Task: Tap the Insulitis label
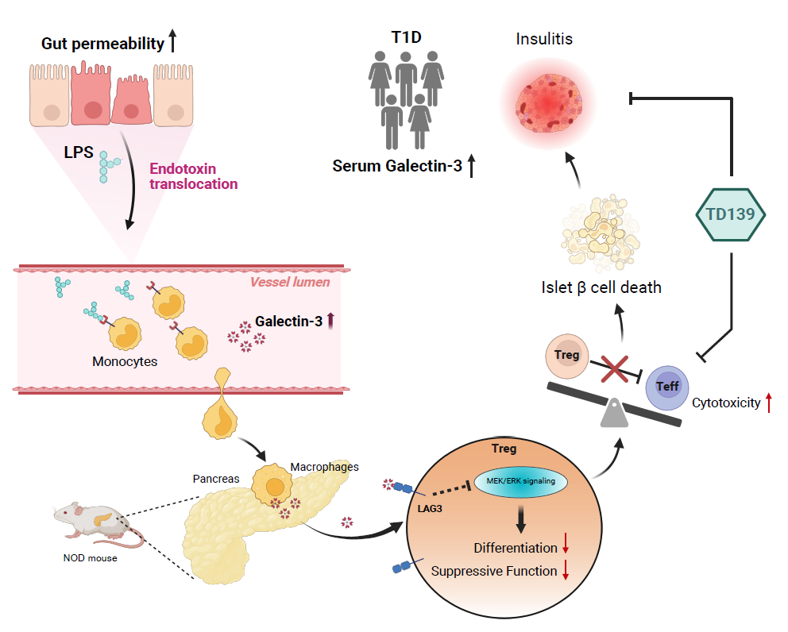click(544, 39)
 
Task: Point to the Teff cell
click(666, 387)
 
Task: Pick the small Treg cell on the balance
click(566, 355)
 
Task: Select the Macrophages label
click(324, 467)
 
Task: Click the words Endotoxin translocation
click(193, 176)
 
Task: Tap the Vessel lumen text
click(290, 282)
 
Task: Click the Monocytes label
click(125, 361)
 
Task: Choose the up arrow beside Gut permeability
click(172, 43)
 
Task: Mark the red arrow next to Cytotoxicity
click(768, 403)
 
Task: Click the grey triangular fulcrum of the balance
click(614, 413)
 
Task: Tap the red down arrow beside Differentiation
click(566, 548)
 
